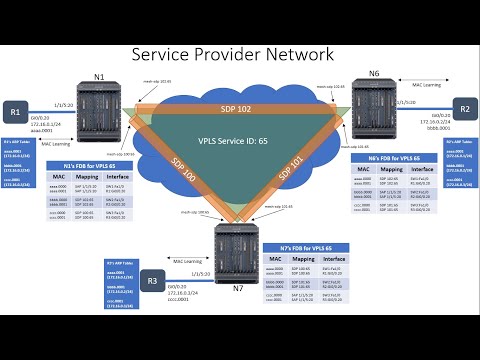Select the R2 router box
pos(465,110)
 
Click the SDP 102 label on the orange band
pos(237,107)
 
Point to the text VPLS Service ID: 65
pos(233,141)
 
